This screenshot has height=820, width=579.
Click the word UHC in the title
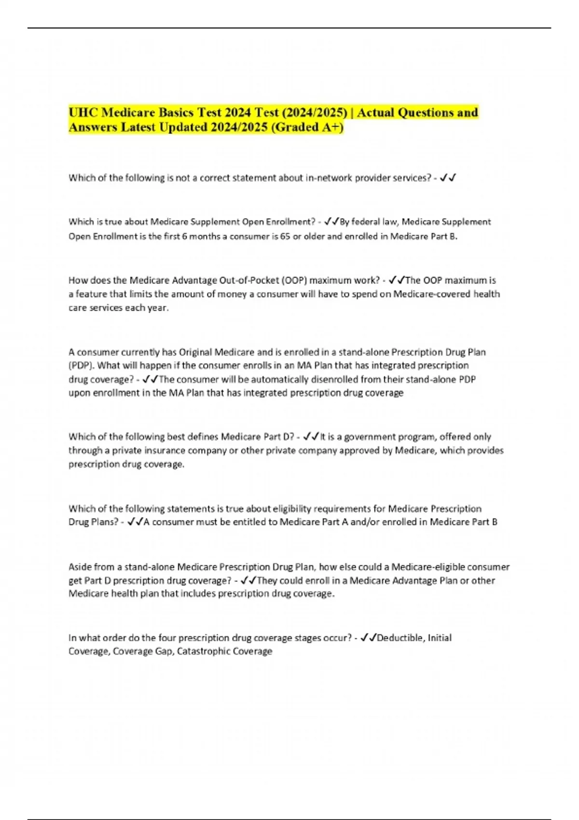tap(83, 113)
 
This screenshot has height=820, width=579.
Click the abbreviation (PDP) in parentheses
tap(81, 366)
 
